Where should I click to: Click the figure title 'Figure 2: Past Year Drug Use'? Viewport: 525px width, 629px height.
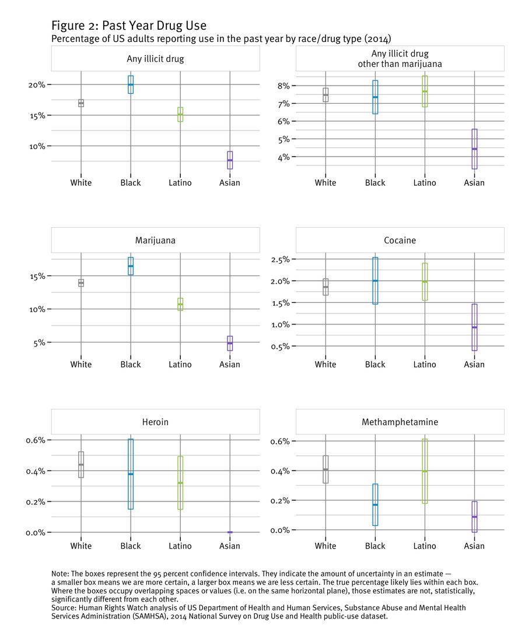pos(128,26)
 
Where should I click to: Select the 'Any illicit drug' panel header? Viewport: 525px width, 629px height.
pos(155,58)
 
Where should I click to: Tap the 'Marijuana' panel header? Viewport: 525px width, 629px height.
pos(155,240)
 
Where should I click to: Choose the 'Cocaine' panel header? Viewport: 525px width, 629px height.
pos(400,240)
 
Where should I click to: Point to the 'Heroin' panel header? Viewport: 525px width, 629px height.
pos(155,422)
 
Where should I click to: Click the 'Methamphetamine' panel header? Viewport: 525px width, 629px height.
pos(400,422)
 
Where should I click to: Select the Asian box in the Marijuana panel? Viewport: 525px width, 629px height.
pos(230,343)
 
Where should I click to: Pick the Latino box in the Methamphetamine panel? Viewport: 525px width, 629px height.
pos(425,471)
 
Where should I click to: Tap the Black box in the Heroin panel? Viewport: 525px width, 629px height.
pos(131,473)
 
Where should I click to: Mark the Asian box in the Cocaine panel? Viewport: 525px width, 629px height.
pos(474,327)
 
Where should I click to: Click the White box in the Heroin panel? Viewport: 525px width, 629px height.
pos(81,464)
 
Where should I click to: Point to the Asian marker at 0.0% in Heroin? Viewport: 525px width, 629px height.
pos(230,532)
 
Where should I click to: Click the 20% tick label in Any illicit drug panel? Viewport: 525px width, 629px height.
pos(37,85)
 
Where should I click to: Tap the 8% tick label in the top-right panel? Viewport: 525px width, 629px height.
pos(283,86)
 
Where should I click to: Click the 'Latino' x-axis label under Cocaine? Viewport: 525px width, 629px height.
pos(425,365)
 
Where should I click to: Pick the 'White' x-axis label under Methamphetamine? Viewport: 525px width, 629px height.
pos(325,546)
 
